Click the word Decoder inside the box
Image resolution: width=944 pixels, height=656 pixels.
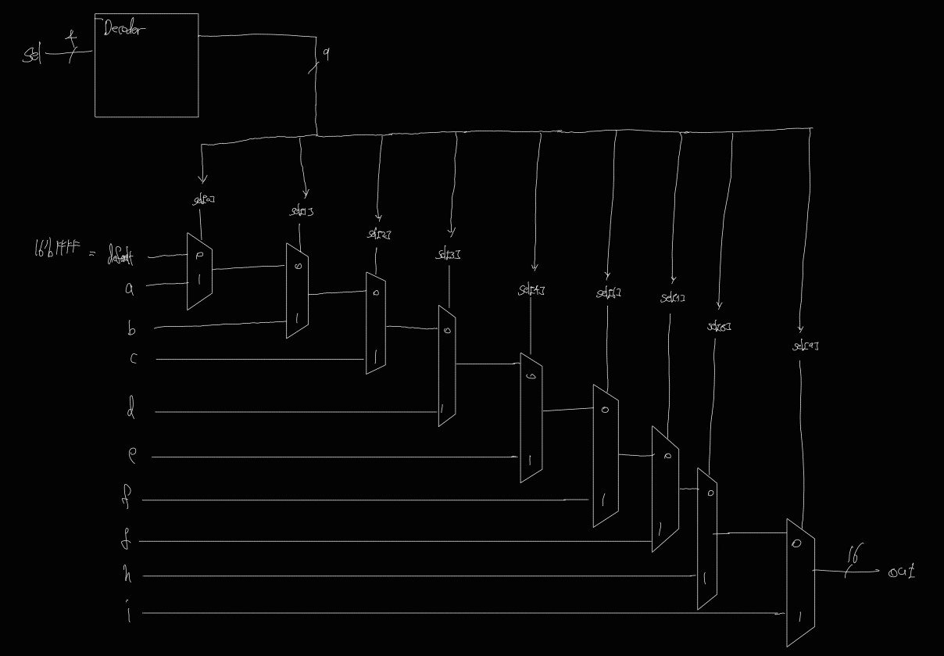[x=123, y=30]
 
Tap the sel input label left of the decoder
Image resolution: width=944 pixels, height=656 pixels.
[x=32, y=55]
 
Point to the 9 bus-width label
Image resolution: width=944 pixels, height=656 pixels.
[x=326, y=53]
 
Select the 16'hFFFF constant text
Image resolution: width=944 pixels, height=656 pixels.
[x=57, y=252]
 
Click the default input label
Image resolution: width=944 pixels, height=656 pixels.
[x=120, y=257]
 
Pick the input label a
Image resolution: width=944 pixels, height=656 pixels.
[x=129, y=289]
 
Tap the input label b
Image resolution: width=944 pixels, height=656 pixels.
[x=131, y=329]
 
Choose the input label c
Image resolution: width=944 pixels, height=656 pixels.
[x=133, y=359]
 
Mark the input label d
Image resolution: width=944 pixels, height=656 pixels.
[x=131, y=409]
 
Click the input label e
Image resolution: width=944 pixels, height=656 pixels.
[x=132, y=456]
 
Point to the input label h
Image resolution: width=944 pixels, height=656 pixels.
[x=127, y=575]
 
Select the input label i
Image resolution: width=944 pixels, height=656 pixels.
[x=128, y=612]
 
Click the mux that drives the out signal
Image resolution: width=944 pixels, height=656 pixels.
[x=800, y=583]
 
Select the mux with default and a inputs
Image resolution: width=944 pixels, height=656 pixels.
[x=199, y=271]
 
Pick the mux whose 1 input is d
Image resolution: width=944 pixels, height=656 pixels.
[x=447, y=366]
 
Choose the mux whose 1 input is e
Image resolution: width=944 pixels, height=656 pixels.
[x=531, y=418]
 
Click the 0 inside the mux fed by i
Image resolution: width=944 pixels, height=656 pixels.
[x=796, y=543]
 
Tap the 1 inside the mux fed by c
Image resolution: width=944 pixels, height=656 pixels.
[x=376, y=355]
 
